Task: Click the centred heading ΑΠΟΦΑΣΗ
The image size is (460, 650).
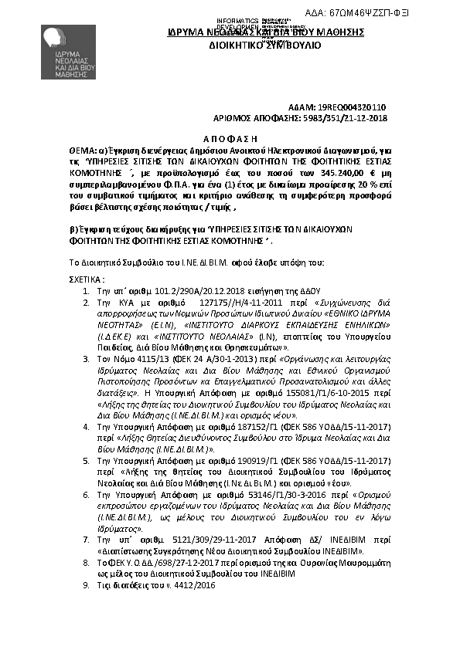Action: tap(230, 133)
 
